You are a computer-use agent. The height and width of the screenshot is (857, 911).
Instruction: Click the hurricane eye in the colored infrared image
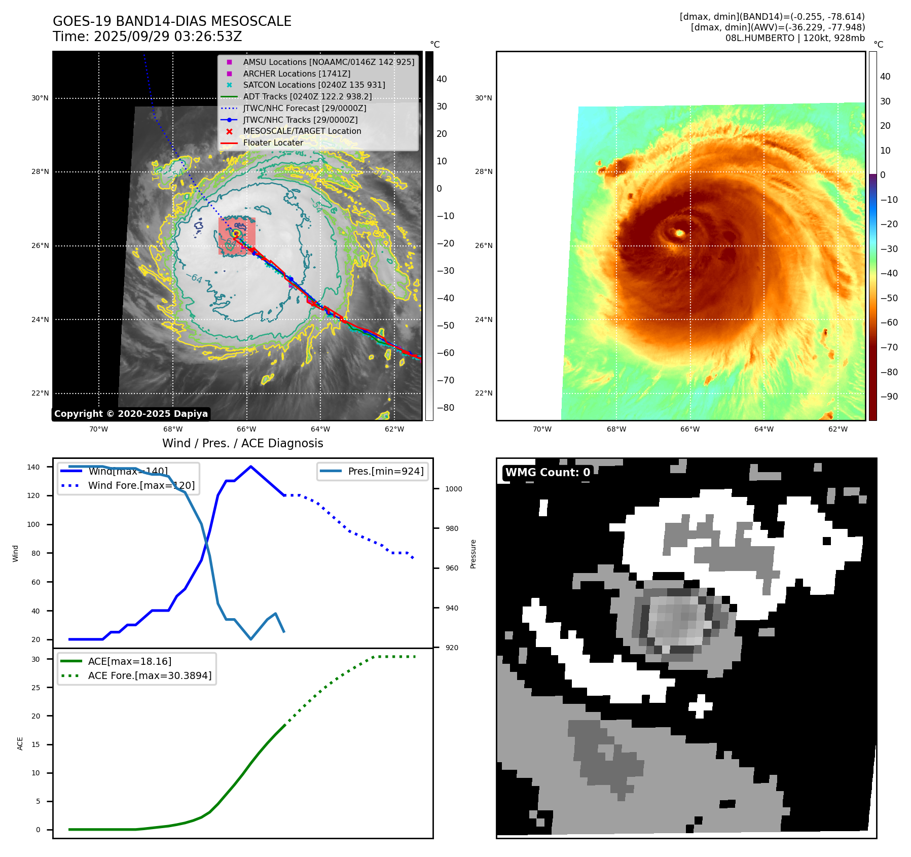click(x=679, y=233)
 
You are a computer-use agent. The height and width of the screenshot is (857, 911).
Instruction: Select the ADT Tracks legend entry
click(x=307, y=96)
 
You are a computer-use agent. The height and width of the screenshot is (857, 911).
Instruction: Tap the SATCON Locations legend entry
click(x=314, y=85)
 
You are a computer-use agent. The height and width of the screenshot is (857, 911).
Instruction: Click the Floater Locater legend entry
click(x=273, y=142)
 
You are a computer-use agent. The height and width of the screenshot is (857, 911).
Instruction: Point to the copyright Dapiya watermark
click(x=131, y=414)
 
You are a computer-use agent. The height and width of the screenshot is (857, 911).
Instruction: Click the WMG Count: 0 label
click(x=548, y=473)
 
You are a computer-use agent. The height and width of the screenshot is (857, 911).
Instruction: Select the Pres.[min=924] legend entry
click(x=385, y=471)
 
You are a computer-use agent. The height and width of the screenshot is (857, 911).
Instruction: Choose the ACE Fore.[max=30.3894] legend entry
click(x=150, y=675)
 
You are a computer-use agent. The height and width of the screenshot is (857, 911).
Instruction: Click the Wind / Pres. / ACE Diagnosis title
click(x=242, y=443)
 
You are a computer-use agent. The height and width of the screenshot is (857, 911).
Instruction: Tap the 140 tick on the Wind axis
click(x=33, y=467)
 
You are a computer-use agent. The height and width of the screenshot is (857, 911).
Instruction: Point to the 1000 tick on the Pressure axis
click(x=453, y=489)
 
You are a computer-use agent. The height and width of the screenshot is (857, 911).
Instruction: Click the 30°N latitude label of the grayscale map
click(x=40, y=98)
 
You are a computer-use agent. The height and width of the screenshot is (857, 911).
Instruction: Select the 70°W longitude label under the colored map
click(x=542, y=430)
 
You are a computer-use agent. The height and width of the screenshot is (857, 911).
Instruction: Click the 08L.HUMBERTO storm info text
click(x=794, y=38)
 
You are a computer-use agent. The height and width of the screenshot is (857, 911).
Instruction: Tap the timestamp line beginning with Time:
click(x=147, y=37)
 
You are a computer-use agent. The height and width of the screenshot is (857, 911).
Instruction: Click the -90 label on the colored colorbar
click(x=889, y=397)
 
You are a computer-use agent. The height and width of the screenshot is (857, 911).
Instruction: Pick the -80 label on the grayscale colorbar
click(x=446, y=408)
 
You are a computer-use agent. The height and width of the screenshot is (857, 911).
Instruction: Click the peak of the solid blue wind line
click(x=251, y=467)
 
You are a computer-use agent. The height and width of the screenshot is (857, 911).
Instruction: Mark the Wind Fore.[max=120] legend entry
click(x=141, y=485)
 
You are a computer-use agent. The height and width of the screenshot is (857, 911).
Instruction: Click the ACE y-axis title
click(x=20, y=743)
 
